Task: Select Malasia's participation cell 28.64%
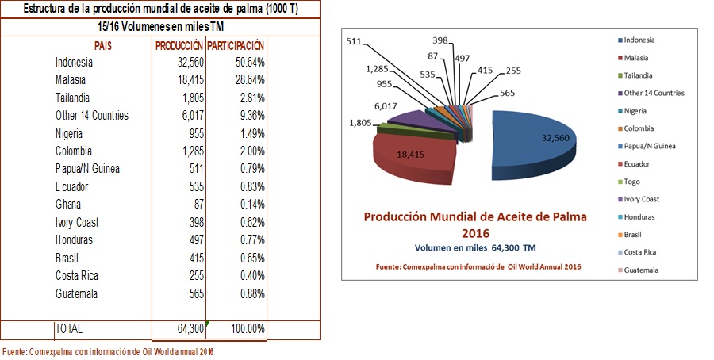[247, 80]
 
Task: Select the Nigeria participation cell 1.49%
[248, 133]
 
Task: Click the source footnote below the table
[108, 351]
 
